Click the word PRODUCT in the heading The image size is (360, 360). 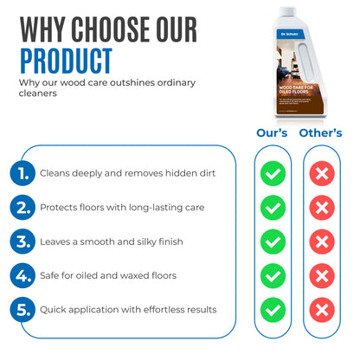pyautogui.click(x=66, y=60)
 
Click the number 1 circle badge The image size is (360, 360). pyautogui.click(x=23, y=173)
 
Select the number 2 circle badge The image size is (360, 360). pyautogui.click(x=23, y=208)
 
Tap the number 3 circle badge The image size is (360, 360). pyautogui.click(x=23, y=241)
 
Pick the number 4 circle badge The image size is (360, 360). pyautogui.click(x=23, y=275)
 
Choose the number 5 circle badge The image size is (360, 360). pyautogui.click(x=23, y=309)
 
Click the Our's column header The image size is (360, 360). pyautogui.click(x=273, y=133)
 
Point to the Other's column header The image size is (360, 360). pyautogui.click(x=320, y=133)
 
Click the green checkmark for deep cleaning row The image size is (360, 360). pyautogui.click(x=273, y=174)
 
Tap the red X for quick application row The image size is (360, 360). pyautogui.click(x=321, y=309)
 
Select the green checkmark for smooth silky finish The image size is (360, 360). pyautogui.click(x=273, y=241)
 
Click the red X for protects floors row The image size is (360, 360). pyautogui.click(x=321, y=208)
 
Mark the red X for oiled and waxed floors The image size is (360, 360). pyautogui.click(x=321, y=275)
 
